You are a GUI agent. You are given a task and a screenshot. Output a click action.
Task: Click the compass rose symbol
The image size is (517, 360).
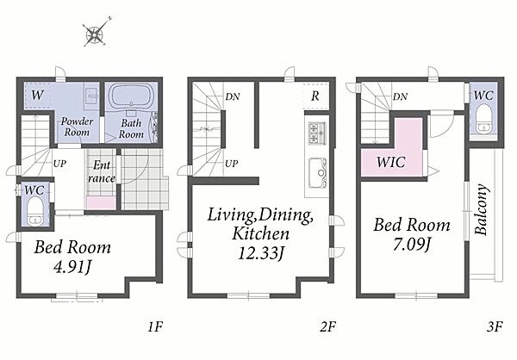coord(95,33)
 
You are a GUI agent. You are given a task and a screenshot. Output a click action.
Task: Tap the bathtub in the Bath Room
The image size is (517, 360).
coord(131,96)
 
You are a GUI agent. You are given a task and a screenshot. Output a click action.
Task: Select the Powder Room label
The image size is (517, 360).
coord(78,127)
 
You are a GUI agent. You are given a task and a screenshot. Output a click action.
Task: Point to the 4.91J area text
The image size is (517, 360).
coord(72,267)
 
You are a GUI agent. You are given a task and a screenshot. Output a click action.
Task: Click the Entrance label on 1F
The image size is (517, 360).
coord(102,171)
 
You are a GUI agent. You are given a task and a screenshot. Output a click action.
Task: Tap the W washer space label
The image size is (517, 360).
coord(37,96)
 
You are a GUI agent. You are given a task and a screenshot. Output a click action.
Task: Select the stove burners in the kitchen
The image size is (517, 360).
coord(317,133)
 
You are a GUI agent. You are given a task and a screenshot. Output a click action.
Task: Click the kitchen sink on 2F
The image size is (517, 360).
coord(317,173)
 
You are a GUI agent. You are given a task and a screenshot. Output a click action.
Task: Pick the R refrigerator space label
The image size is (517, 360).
coord(315,96)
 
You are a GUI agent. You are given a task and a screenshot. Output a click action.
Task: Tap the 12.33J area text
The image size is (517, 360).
coord(261,253)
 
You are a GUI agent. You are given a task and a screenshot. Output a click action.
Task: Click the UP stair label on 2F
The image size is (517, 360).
coord(231,164)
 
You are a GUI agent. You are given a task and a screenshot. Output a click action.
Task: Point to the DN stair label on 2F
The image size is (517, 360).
coord(233,96)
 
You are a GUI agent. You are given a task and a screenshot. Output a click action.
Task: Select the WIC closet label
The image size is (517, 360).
coord(390,162)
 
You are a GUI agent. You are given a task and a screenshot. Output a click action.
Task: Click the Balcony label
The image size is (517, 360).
coord(482,209)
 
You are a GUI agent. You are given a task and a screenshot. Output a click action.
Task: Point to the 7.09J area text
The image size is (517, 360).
coord(412,245)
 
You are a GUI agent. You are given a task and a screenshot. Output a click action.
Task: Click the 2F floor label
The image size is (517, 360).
coord(327,326)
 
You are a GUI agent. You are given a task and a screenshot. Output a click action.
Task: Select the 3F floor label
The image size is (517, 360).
coord(495,326)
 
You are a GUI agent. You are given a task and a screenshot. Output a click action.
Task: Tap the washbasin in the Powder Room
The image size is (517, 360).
coord(91,96)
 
